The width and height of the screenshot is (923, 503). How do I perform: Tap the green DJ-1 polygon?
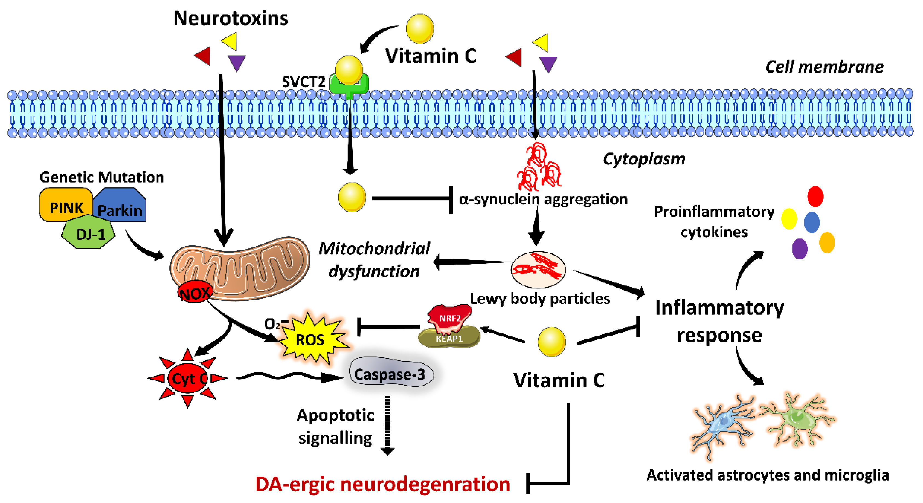(89, 233)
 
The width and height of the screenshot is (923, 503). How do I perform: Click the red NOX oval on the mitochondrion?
(195, 293)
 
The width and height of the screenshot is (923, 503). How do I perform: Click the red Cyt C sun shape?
(187, 378)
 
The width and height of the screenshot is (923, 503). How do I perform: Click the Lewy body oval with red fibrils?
(538, 269)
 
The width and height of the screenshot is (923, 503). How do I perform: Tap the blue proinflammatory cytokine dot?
(812, 222)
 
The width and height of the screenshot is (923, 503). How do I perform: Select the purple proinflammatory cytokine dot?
(799, 248)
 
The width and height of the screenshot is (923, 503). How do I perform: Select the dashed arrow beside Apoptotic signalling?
(387, 425)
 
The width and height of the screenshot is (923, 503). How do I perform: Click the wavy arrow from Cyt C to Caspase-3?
(287, 377)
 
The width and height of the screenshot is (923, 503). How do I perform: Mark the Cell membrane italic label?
(824, 67)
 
